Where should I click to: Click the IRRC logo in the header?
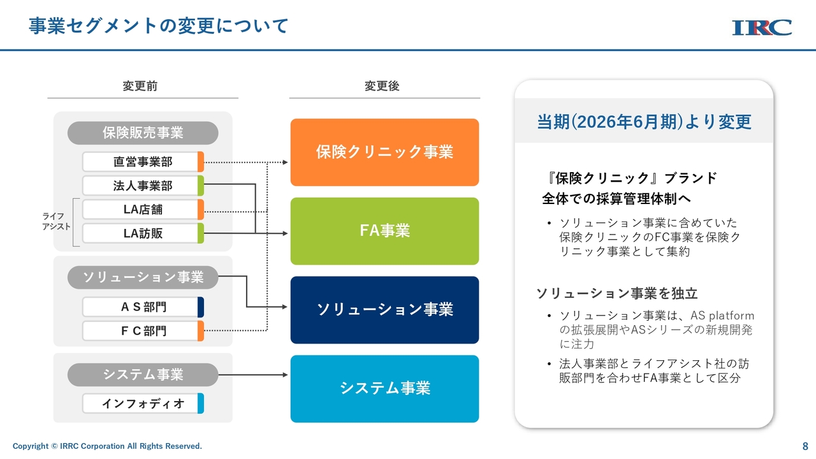(x=762, y=27)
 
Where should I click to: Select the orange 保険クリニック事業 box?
(x=384, y=152)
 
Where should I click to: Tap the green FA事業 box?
(x=384, y=231)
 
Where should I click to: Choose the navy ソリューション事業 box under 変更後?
(x=384, y=310)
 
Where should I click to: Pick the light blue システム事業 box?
(x=384, y=389)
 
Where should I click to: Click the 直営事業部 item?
(x=143, y=162)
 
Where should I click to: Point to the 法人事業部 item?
(x=143, y=186)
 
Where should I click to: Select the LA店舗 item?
(x=143, y=210)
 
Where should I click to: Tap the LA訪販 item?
(x=143, y=233)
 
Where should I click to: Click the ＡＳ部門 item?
(x=143, y=307)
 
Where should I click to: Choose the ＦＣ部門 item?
(x=143, y=331)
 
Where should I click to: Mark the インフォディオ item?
(x=143, y=404)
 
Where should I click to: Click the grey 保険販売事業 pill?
(x=143, y=133)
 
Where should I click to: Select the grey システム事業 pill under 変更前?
(x=143, y=374)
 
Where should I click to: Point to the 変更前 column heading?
(x=140, y=86)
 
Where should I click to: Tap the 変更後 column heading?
(x=382, y=86)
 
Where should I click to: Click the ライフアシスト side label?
(x=56, y=221)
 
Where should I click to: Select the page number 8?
(x=805, y=446)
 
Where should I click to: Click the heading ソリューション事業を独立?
(x=616, y=293)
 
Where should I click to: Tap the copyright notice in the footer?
(x=107, y=446)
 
